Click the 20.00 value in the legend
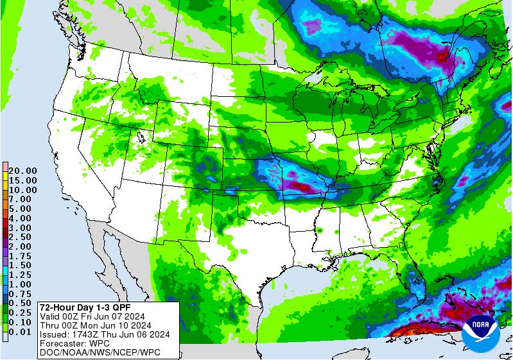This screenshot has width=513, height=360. [22, 171]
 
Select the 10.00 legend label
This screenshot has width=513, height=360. [22, 190]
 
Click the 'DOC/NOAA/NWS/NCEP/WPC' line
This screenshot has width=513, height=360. [99, 352]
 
